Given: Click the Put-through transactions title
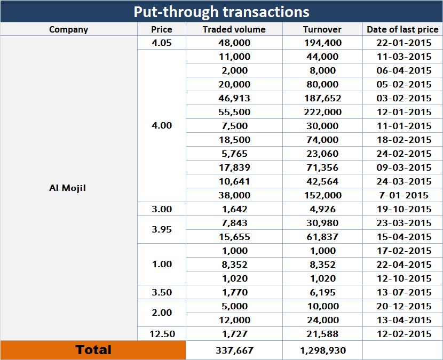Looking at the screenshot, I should click(222, 11).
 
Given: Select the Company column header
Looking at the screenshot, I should click(68, 29).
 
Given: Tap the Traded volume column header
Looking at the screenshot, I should click(234, 29).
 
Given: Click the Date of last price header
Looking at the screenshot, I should click(402, 29).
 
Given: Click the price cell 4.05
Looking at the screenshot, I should click(162, 43).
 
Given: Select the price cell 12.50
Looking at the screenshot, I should click(162, 334).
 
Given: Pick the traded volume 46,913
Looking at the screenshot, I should click(234, 98).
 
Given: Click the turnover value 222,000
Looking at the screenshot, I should click(322, 112).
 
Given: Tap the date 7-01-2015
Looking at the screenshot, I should click(402, 195).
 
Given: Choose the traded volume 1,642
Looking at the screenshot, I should click(234, 209).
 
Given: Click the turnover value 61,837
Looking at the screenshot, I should click(322, 237).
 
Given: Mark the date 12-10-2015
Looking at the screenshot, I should click(402, 278).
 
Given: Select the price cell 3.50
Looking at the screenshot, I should click(162, 292).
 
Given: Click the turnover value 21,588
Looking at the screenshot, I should click(322, 334).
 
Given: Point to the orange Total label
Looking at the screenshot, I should click(93, 350).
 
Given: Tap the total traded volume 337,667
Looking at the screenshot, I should click(234, 350).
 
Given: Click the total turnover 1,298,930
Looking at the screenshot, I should click(322, 350).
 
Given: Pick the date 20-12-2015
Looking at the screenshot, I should click(402, 306).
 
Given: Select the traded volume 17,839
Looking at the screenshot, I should click(234, 167).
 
